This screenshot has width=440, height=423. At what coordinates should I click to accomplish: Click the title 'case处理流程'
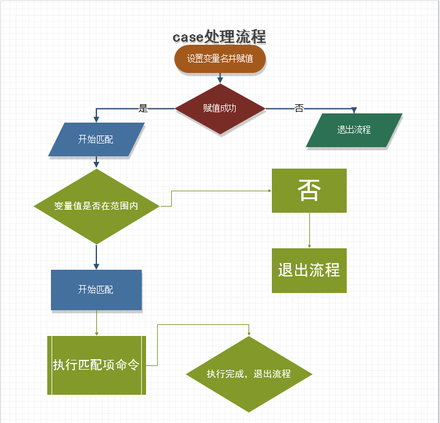[x=219, y=37]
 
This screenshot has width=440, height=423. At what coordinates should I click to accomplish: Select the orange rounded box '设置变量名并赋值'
[x=220, y=59]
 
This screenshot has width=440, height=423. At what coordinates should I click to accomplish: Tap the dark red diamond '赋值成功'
[x=220, y=109]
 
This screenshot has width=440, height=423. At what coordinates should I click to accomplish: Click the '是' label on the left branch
[x=144, y=109]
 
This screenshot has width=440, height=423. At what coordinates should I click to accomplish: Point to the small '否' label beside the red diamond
[x=299, y=109]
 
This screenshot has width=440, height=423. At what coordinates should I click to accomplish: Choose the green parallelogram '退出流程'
[x=354, y=130]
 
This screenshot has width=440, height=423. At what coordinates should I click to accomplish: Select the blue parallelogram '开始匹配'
[x=96, y=139]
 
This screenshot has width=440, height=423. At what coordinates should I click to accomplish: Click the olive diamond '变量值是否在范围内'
[x=96, y=206]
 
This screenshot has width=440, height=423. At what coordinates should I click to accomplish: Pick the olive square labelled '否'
[x=309, y=191]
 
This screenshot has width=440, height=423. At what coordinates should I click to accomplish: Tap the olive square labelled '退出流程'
[x=309, y=270]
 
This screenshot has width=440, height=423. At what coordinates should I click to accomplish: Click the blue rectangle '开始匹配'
[x=96, y=289]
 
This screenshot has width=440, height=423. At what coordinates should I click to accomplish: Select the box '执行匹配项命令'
[x=96, y=365]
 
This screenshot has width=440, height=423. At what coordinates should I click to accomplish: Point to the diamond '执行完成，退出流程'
[x=249, y=374]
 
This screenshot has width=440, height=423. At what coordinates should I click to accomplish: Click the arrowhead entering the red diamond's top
[x=220, y=79]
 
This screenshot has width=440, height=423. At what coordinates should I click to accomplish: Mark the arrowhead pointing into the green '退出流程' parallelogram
[x=354, y=110]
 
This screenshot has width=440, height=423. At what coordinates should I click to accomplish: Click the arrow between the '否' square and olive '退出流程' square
[x=309, y=231]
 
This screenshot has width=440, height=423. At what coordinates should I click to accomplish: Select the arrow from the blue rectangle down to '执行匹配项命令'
[x=96, y=322]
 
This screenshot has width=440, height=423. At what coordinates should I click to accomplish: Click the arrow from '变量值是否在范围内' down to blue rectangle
[x=96, y=256]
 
